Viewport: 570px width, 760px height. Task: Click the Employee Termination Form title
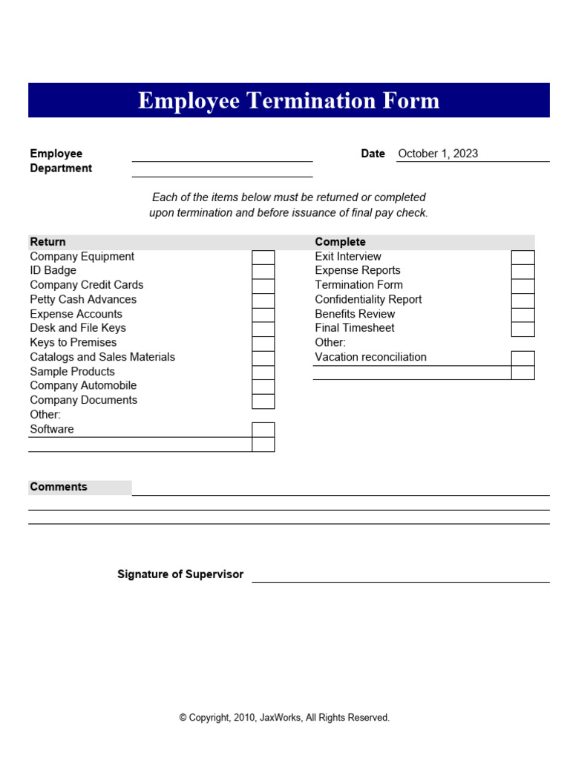point(288,101)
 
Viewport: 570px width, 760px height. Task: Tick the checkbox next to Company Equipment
point(263,257)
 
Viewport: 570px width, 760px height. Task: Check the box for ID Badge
point(263,271)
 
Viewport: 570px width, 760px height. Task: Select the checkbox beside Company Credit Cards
point(263,286)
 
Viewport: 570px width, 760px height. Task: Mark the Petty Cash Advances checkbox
point(263,300)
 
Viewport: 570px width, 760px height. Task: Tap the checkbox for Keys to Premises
point(263,343)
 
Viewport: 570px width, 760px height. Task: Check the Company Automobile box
point(263,386)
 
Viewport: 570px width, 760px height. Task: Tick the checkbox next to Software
point(263,430)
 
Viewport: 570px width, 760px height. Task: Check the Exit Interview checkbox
point(522,257)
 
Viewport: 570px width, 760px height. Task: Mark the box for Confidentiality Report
point(522,300)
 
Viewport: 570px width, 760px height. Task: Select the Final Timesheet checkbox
point(522,329)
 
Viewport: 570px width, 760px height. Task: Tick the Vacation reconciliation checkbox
point(522,358)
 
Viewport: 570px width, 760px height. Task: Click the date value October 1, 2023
point(438,154)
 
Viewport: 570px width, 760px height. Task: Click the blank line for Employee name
point(222,155)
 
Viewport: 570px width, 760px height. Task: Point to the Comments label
point(59,487)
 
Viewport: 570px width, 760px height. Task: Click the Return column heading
point(47,242)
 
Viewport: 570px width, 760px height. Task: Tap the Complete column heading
point(340,242)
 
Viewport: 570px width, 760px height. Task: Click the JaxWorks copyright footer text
point(284,718)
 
